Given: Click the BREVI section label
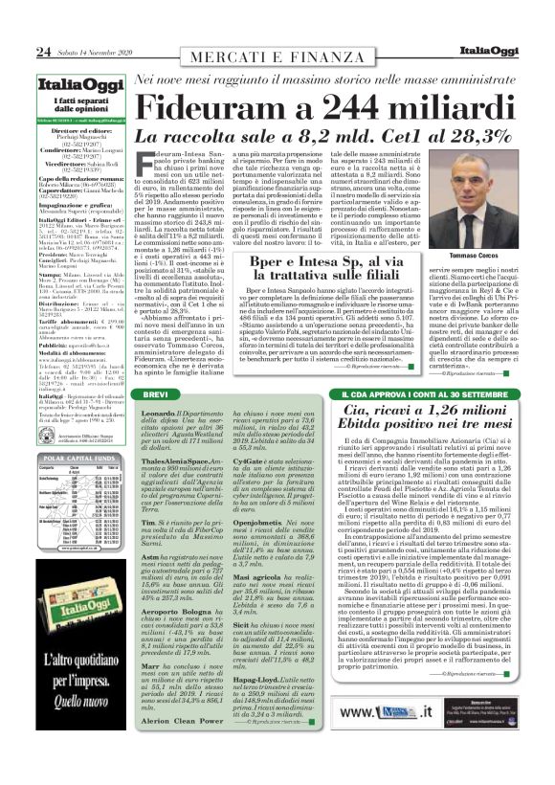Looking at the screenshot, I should click(x=156, y=394).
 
